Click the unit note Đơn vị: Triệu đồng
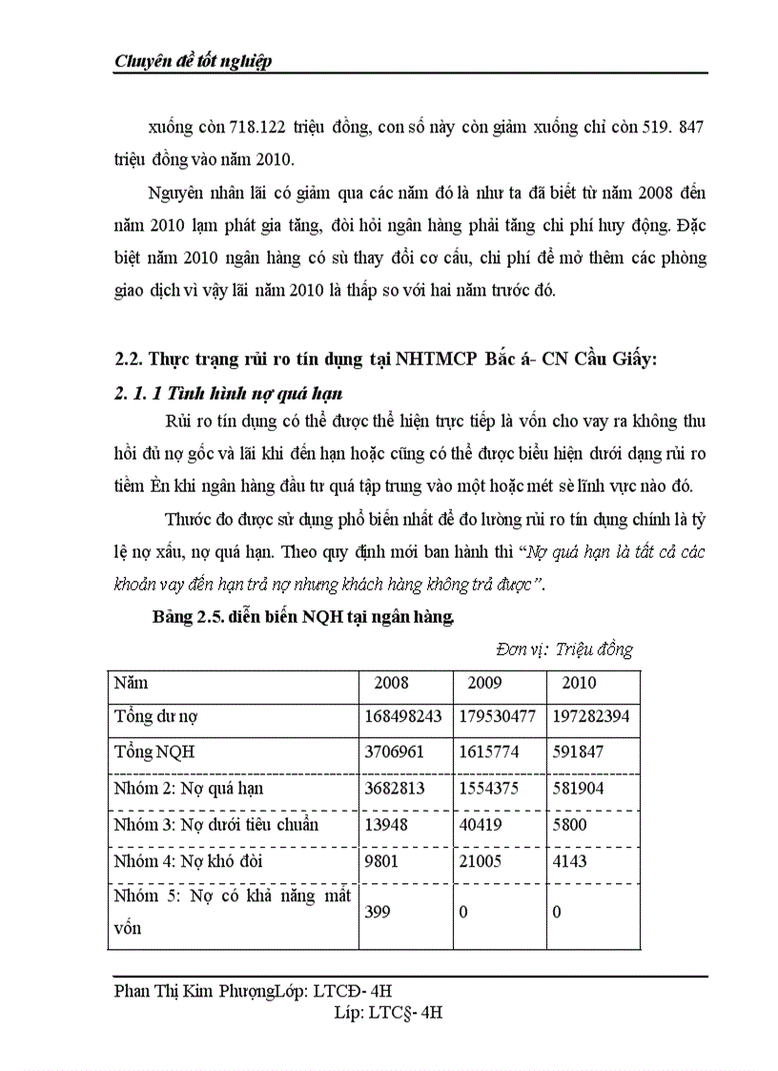tap(563, 649)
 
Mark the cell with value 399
tap(378, 912)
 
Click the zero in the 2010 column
tap(557, 912)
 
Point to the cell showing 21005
tap(481, 861)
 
